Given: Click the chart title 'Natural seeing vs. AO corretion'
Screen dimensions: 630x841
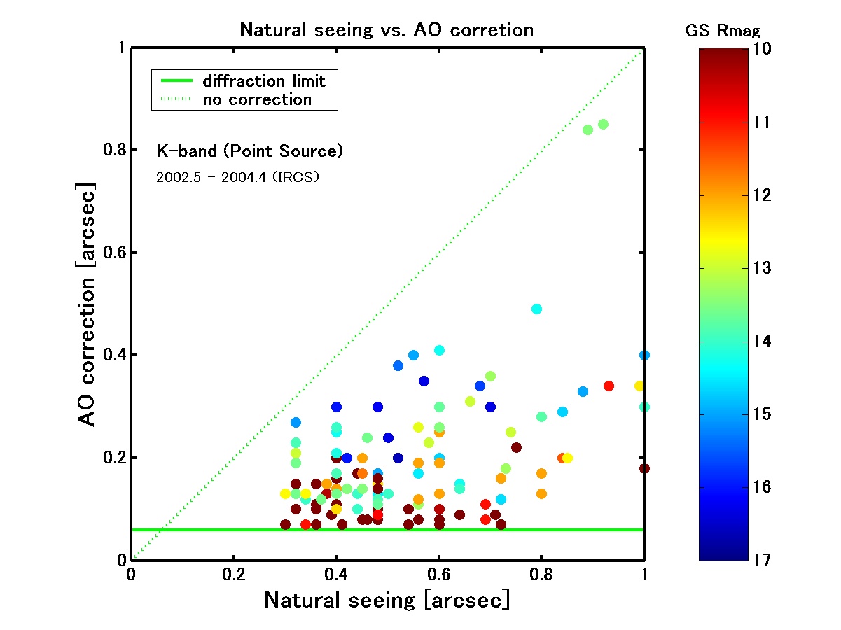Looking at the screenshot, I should pos(387,31).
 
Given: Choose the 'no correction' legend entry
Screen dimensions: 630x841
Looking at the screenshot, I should pos(257,99).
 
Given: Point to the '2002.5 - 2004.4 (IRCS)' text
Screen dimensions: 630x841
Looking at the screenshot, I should pos(237,178).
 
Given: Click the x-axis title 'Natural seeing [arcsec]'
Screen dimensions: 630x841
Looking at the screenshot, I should pos(387,601).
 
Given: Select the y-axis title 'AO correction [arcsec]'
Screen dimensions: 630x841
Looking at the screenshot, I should pos(87,304).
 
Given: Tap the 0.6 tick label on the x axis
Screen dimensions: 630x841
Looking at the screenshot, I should pos(438,575).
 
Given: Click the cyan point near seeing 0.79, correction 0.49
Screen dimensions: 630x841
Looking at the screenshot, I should pos(536,309).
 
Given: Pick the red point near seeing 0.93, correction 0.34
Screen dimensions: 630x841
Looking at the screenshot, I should pos(609,386).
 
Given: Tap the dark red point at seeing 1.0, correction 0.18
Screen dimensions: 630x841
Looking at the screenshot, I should pos(644,468).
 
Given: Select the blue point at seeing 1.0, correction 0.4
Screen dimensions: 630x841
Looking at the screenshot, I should pos(644,355).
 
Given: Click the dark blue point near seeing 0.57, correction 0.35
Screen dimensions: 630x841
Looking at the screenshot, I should pos(424,381).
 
